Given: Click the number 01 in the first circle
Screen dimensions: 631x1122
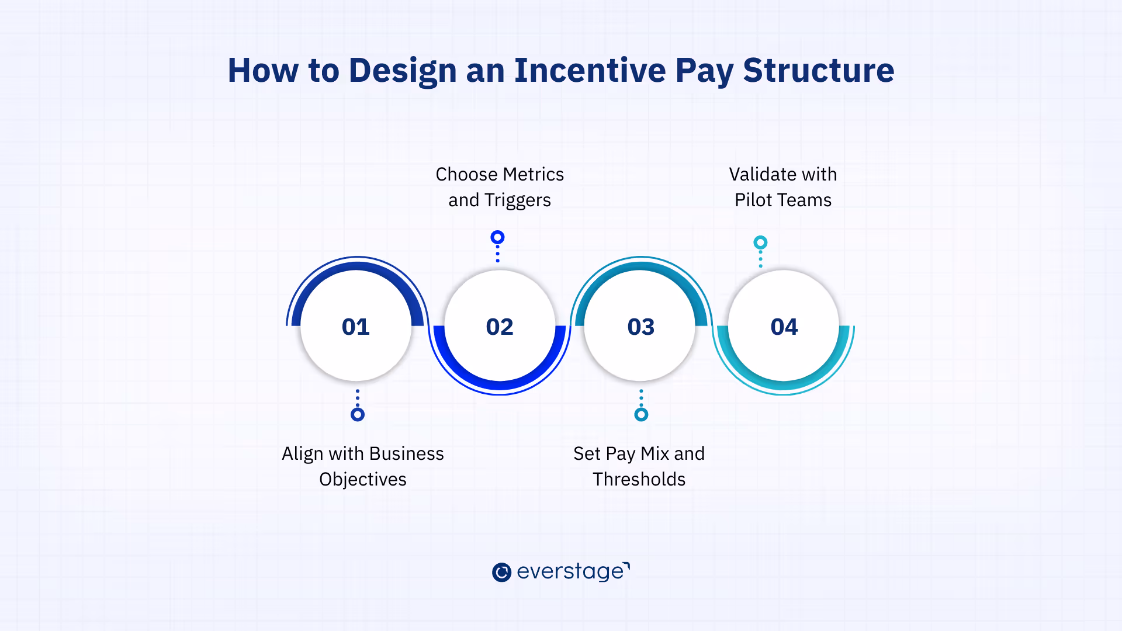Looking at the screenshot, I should coord(355,327).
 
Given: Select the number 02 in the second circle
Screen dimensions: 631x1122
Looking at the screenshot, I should coord(500,327).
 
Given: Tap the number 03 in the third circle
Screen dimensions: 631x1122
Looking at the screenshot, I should coord(640,327).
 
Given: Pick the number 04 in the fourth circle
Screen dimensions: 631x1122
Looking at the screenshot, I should coord(784,327).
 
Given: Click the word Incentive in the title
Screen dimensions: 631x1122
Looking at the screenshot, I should coord(590,70).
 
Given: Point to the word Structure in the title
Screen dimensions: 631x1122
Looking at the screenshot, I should coord(818,70).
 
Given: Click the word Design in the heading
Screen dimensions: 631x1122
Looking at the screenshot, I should coord(403,71).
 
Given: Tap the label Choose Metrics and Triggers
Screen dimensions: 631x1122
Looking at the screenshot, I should coord(500,187).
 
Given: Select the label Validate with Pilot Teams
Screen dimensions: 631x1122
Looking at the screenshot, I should coord(782,187).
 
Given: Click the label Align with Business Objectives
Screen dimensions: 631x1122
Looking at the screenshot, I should coord(362,466).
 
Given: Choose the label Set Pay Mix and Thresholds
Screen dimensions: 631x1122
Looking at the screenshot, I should coord(639,466).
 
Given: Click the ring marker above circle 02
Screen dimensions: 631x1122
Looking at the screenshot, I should coord(497,237).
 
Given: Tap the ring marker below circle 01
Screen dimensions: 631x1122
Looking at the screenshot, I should coord(358,414).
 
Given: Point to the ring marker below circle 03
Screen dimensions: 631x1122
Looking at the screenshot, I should coord(641,414).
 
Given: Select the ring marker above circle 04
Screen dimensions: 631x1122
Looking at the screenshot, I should coord(760,242).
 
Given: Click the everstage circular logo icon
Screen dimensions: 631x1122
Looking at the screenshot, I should coord(501,572).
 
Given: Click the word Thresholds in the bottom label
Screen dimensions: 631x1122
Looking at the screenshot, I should coord(639,479).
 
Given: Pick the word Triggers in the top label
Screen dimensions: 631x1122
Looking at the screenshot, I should coord(517,200).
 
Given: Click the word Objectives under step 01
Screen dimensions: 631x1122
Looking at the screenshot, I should coord(362,479).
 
